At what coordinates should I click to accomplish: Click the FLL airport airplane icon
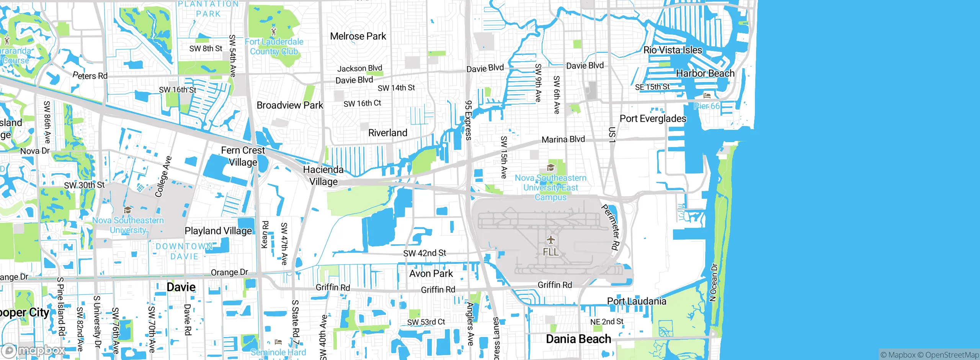click(x=550, y=240)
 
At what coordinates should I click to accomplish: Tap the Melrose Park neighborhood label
click(x=358, y=36)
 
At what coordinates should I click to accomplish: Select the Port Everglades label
click(x=653, y=119)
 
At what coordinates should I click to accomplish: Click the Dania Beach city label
click(x=578, y=339)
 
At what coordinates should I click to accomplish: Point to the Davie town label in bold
click(x=181, y=287)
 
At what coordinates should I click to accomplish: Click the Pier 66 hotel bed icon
click(x=707, y=95)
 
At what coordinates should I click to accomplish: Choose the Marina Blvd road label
click(x=563, y=139)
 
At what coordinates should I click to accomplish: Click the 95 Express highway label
click(x=468, y=120)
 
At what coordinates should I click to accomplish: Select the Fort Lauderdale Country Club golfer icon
click(x=273, y=31)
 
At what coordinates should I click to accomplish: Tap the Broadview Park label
click(x=290, y=105)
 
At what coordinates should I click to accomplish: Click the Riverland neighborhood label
click(x=387, y=133)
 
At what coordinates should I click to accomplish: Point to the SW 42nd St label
click(x=424, y=253)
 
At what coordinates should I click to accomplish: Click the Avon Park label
click(x=431, y=274)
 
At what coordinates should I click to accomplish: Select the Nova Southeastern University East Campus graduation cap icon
click(x=550, y=168)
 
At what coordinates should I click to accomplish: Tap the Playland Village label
click(x=218, y=231)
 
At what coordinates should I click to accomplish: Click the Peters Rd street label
click(x=90, y=75)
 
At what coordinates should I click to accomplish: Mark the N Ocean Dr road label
click(x=713, y=282)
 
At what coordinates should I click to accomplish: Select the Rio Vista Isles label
click(x=673, y=50)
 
